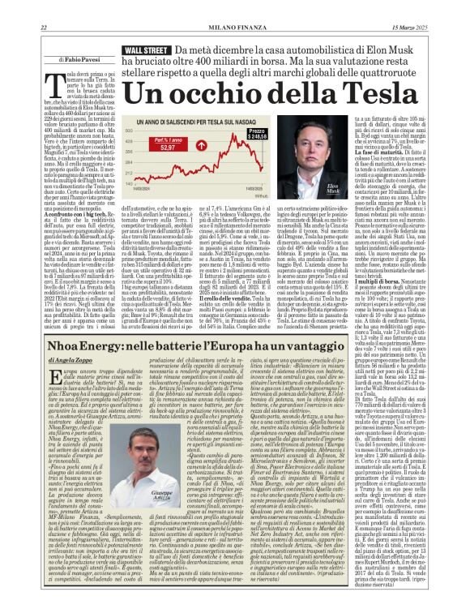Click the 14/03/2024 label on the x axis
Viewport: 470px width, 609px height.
pyautogui.click(x=145, y=188)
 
